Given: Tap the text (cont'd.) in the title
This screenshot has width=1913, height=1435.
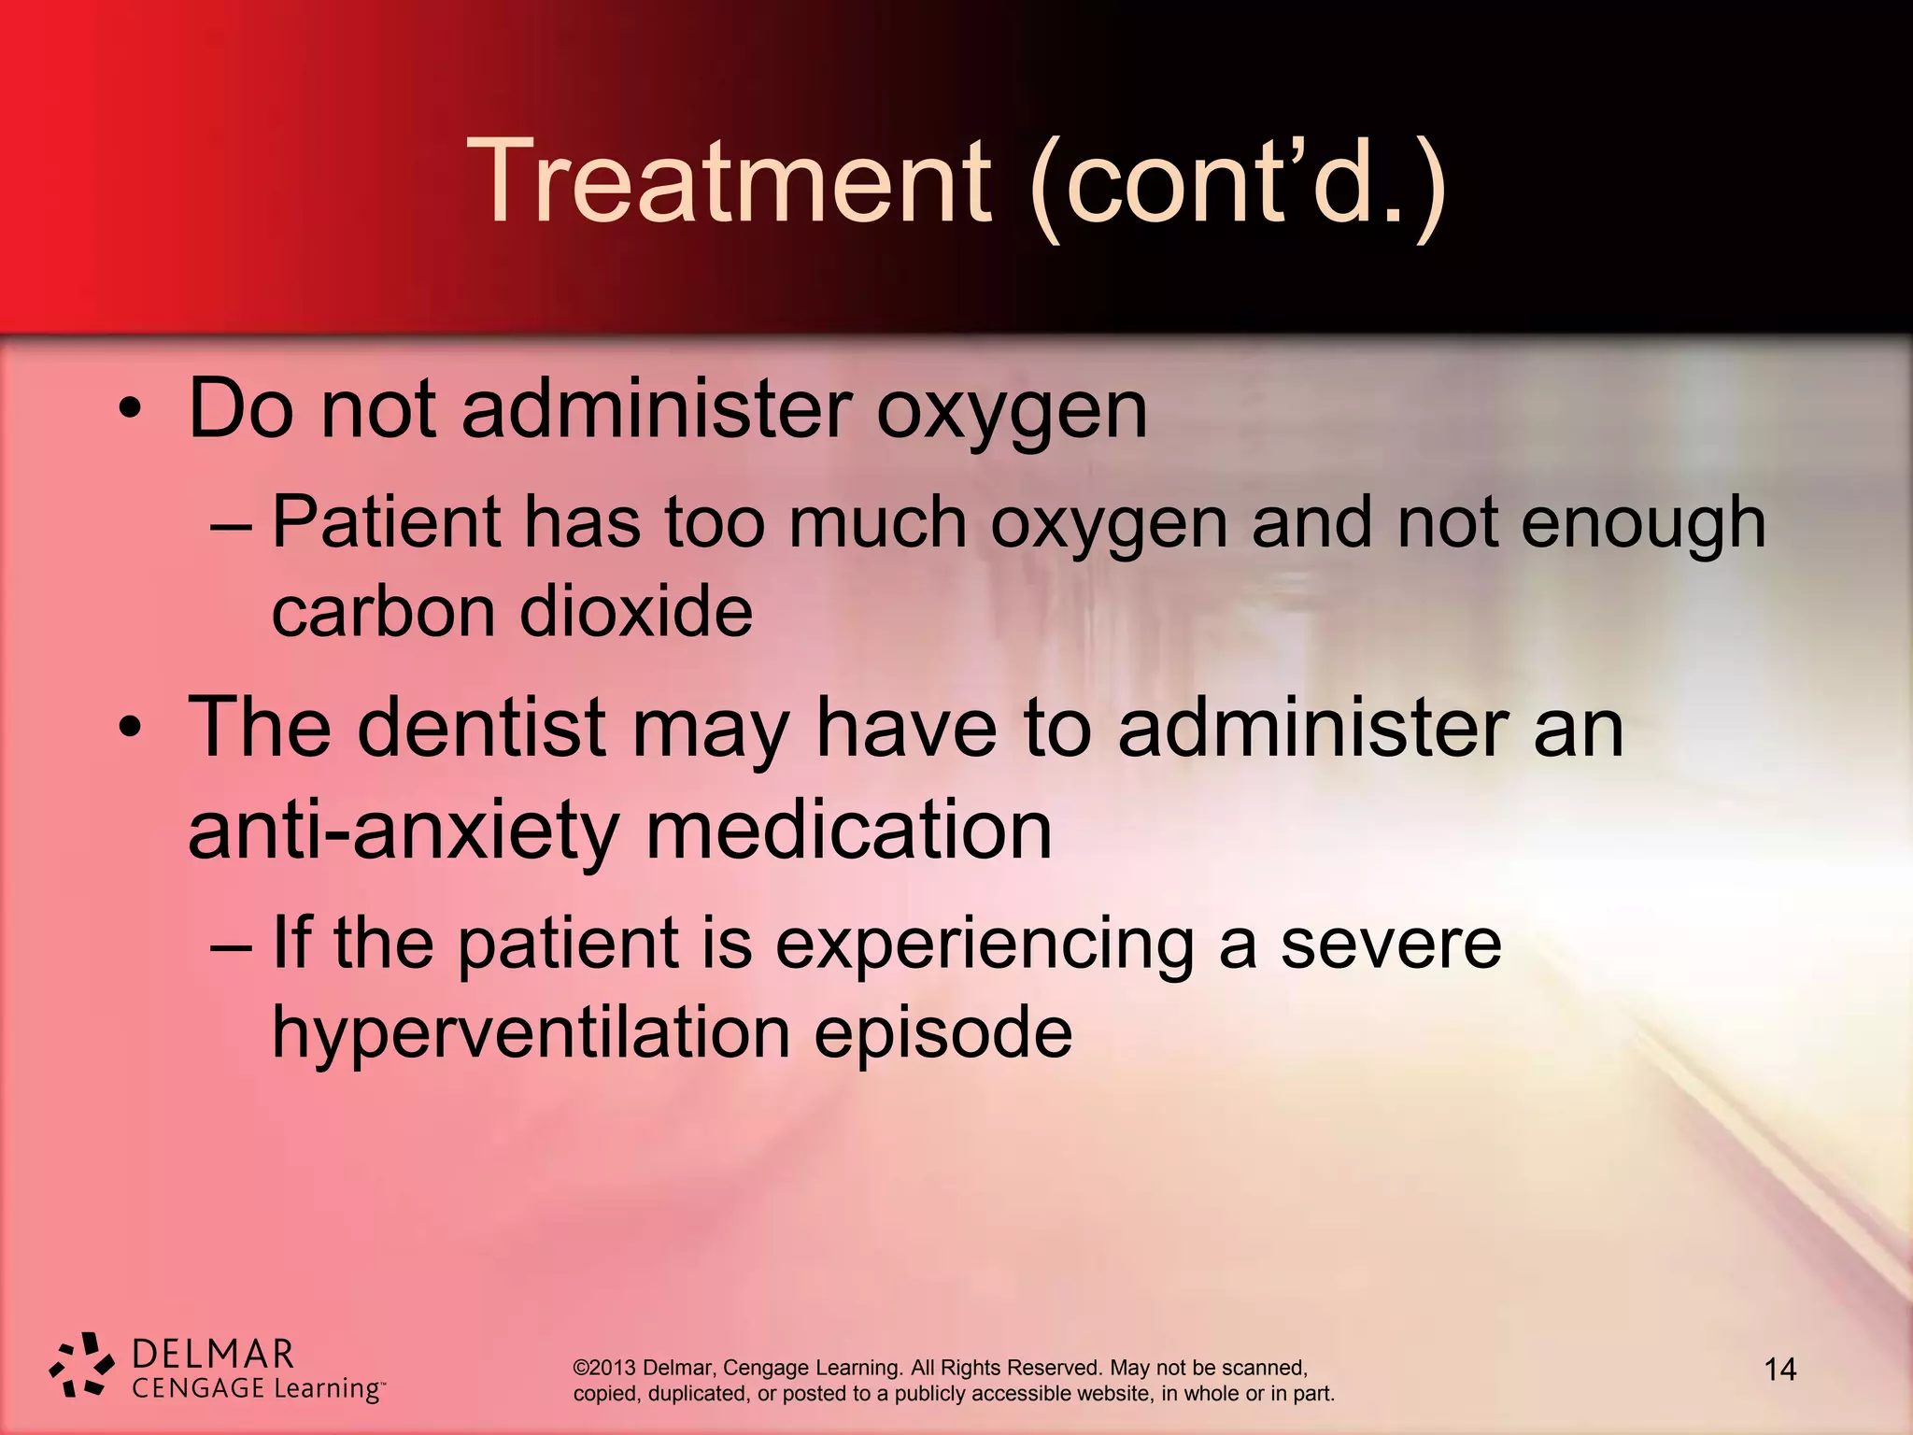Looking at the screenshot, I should (x=1238, y=182).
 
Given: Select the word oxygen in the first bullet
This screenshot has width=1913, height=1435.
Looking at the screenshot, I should (x=1011, y=411).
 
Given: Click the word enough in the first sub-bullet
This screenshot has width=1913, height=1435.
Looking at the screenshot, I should (x=1643, y=523).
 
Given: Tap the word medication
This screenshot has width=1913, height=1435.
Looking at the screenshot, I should (x=848, y=831).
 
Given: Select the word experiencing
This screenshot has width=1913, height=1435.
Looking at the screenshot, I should (x=985, y=944).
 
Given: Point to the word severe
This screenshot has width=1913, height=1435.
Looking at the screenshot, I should (x=1390, y=944).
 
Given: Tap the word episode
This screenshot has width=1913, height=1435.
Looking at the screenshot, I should (x=942, y=1034).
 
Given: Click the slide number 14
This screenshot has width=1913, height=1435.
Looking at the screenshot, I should (x=1779, y=1370).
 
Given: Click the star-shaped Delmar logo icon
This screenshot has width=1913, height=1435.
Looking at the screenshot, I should (x=82, y=1365).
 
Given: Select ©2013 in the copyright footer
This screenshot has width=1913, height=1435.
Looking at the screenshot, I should (x=604, y=1368).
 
